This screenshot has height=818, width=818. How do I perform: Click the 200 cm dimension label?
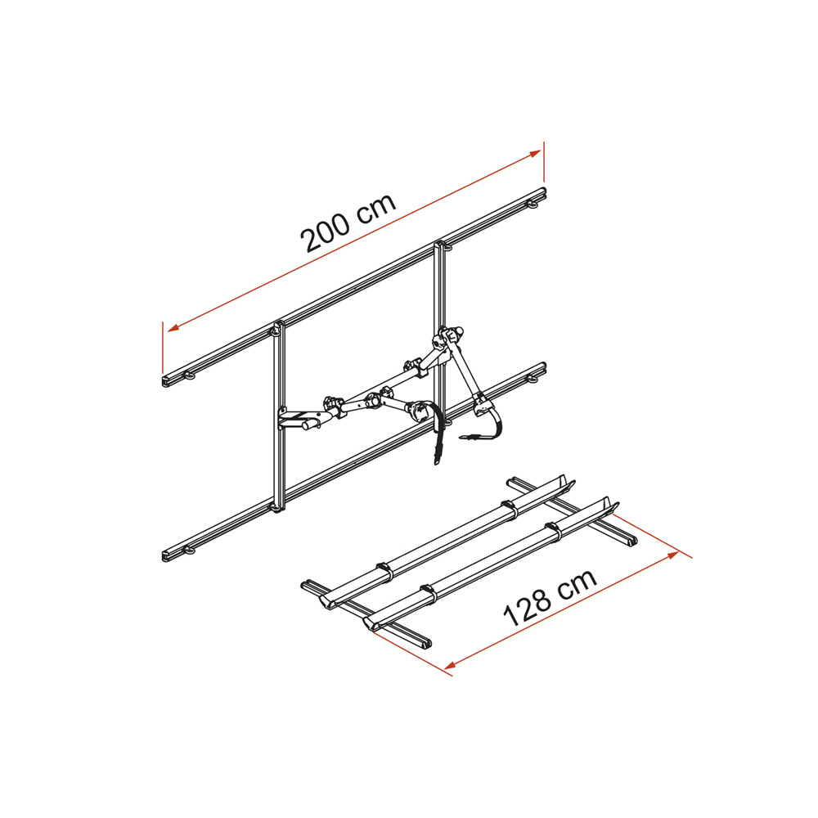(348, 223)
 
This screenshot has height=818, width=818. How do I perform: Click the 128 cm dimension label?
(550, 597)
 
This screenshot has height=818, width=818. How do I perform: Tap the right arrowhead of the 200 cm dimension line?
(535, 154)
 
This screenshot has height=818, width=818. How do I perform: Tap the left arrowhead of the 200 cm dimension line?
(173, 328)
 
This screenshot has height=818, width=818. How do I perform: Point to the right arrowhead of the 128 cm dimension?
(672, 555)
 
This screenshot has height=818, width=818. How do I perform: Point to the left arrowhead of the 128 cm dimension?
(451, 665)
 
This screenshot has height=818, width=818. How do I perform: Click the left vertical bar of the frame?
(279, 416)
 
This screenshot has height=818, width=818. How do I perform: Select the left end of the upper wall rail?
(165, 380)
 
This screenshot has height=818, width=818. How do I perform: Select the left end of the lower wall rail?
(165, 555)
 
